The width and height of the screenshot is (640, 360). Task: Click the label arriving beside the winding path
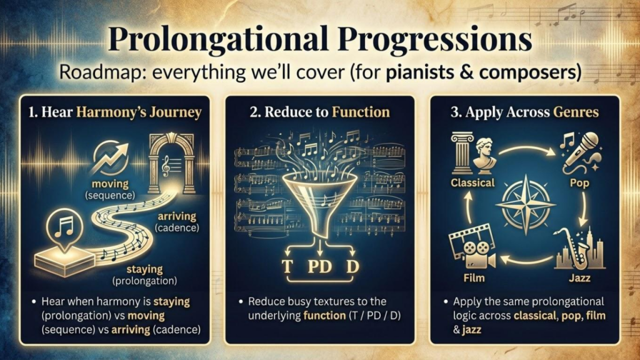tap(178, 216)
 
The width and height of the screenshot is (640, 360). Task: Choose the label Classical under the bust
tap(472, 183)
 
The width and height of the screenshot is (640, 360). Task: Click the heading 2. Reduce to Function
tap(319, 112)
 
